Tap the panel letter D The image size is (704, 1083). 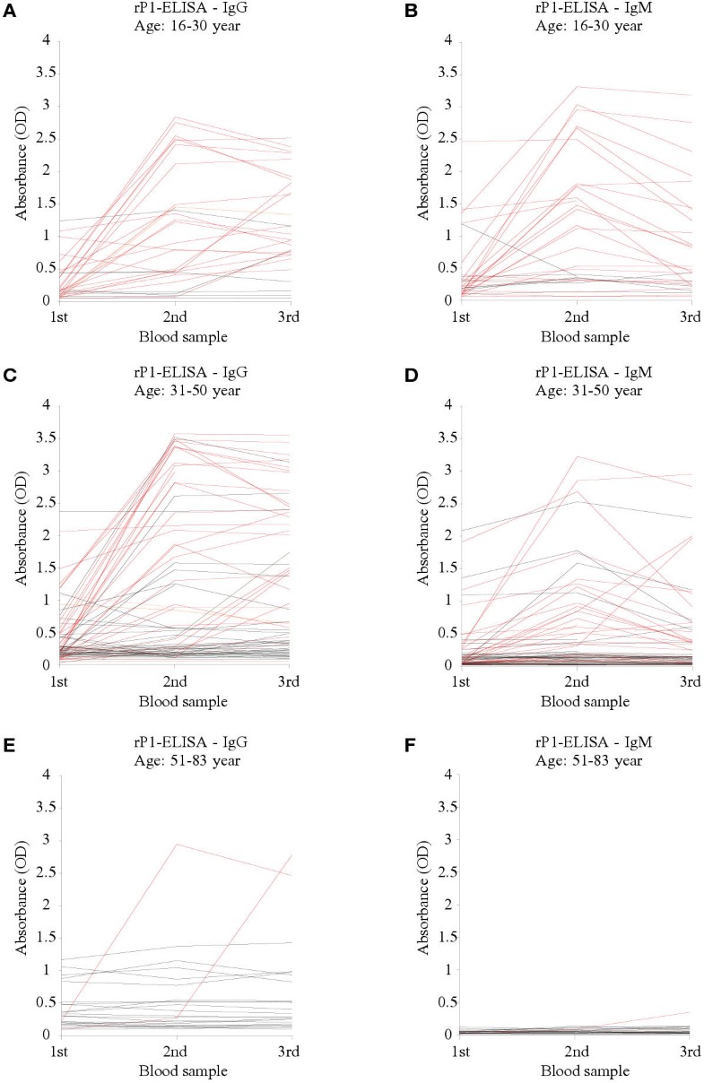pyautogui.click(x=366, y=373)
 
